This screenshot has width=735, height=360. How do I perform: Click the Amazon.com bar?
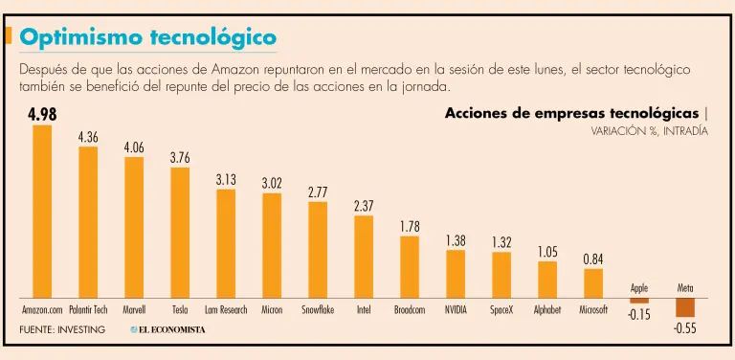tap(42, 212)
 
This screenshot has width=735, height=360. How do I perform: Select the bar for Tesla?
tap(180, 233)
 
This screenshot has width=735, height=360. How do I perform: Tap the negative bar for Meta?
tap(685, 307)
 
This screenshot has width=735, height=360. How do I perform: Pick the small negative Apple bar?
tap(639, 301)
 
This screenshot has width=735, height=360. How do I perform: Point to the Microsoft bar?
tap(593, 283)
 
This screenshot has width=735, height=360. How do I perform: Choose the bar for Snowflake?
tap(318, 250)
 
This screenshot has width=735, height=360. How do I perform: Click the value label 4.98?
tap(42, 114)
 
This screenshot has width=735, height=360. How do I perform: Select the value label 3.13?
tap(226, 180)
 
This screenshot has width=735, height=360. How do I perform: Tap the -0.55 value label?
tap(685, 328)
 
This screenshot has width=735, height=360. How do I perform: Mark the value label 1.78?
tap(410, 226)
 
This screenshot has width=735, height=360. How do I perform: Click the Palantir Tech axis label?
tap(88, 310)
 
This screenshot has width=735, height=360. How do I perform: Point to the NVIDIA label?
tap(456, 310)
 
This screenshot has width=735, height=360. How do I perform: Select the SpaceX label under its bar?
tap(501, 310)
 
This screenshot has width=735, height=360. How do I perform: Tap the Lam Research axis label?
tap(226, 310)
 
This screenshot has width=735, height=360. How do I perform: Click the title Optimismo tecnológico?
tap(147, 37)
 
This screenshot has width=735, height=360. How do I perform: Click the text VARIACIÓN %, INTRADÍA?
tap(649, 132)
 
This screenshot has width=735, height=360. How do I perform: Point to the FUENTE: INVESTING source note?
tap(62, 330)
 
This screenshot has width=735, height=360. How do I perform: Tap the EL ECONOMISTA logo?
tap(167, 330)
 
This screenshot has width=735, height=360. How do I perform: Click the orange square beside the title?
tap(8, 35)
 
